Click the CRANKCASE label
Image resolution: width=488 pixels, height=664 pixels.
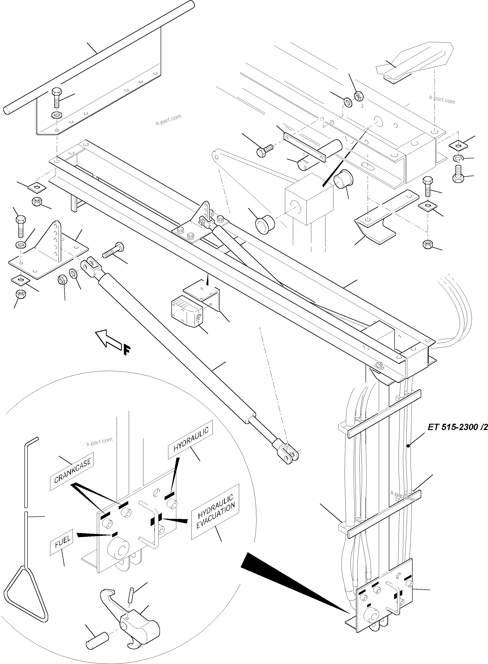(x=72, y=471)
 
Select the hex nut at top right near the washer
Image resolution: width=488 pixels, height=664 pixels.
(x=358, y=96)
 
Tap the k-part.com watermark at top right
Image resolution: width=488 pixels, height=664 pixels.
(x=442, y=100)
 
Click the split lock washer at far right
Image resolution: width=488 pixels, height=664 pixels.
(x=458, y=159)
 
